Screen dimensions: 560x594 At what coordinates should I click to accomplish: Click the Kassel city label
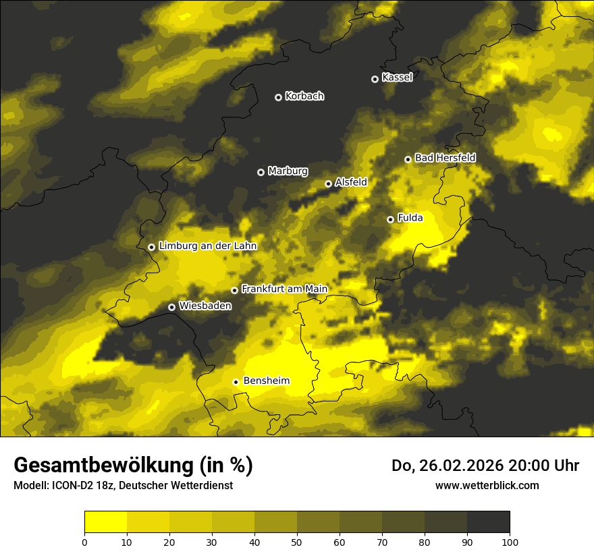(397, 78)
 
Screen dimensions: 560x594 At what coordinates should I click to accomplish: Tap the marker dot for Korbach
(278, 97)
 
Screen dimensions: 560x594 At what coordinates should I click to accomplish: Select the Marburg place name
(288, 171)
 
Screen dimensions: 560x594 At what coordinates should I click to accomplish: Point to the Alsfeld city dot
(329, 184)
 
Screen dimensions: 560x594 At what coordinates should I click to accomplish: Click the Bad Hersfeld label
(445, 158)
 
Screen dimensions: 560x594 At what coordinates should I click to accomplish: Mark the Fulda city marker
(390, 219)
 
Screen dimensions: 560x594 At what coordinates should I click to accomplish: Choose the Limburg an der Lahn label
(207, 246)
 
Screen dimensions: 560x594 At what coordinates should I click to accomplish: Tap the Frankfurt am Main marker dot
(235, 291)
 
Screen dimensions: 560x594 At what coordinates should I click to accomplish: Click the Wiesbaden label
(205, 306)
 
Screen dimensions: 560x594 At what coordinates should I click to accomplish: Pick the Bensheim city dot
(236, 382)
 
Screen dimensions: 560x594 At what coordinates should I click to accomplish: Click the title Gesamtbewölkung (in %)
(133, 465)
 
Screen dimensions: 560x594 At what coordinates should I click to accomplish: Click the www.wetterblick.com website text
(487, 485)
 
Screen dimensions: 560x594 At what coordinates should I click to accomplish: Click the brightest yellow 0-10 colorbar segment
(105, 522)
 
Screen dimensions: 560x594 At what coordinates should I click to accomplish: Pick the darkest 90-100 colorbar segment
(488, 522)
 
